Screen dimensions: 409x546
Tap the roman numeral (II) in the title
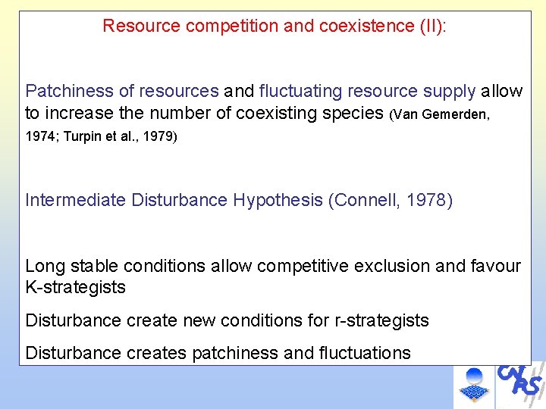(433, 27)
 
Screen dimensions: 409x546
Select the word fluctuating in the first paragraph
(300, 92)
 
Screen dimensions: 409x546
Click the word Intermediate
(76, 201)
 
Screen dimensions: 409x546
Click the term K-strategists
(76, 288)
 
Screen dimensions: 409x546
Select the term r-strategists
(381, 321)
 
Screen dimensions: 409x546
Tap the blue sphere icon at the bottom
(474, 376)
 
